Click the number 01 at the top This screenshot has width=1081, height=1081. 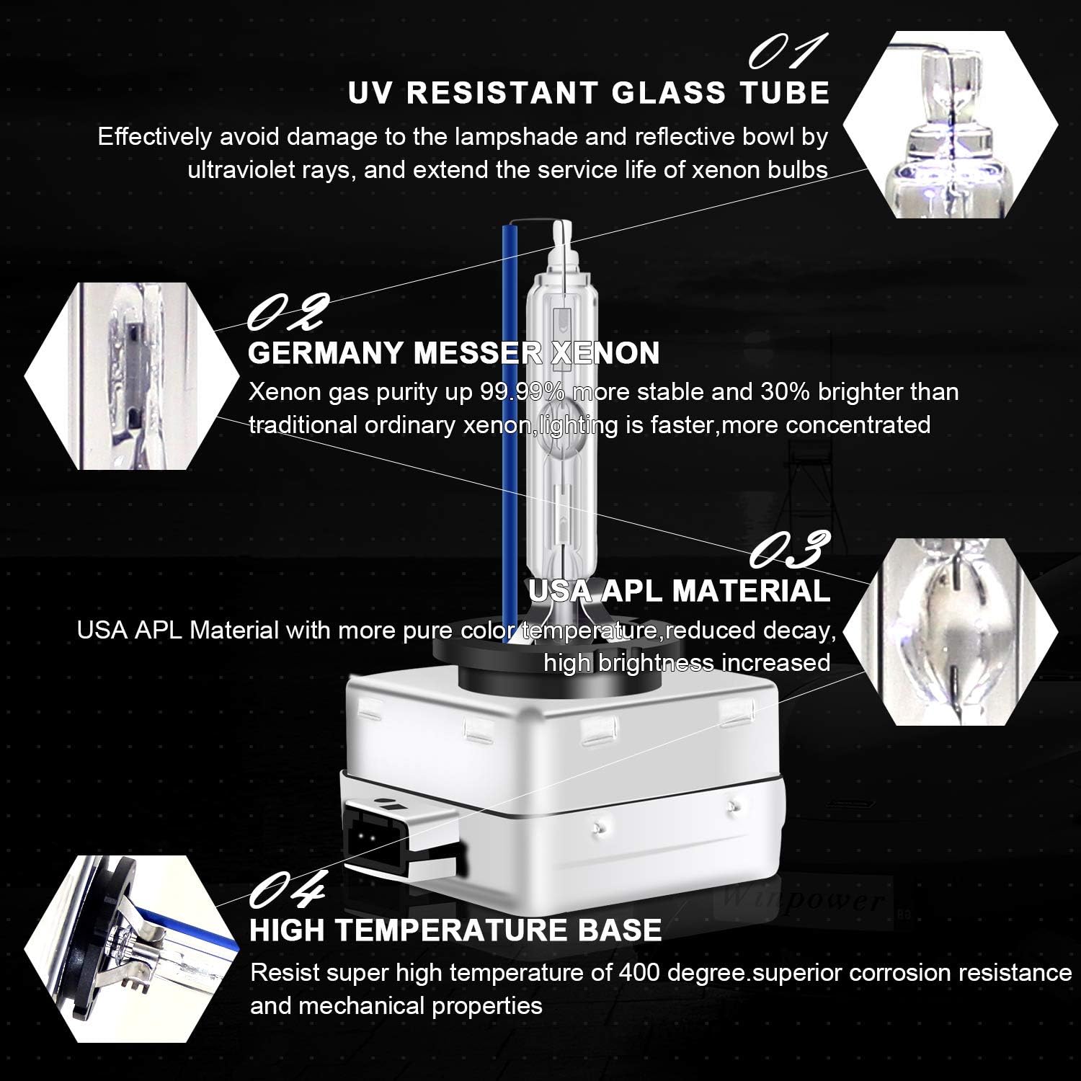(777, 53)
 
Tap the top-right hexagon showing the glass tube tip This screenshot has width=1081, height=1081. (950, 125)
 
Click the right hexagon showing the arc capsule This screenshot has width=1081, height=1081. (950, 631)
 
